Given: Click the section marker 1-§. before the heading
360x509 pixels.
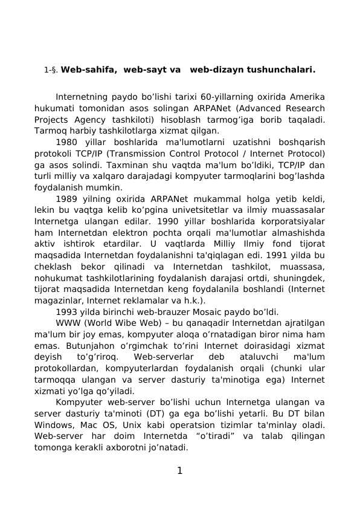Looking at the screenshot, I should click(51, 71).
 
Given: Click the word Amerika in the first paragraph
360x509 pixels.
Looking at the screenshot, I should click(308, 97).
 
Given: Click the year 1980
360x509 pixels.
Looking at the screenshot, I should click(67, 142).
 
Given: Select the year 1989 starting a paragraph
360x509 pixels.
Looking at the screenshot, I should click(67, 199).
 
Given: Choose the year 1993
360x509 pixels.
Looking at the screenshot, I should click(67, 312).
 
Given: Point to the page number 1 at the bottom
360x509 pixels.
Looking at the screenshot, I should click(179, 470).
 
